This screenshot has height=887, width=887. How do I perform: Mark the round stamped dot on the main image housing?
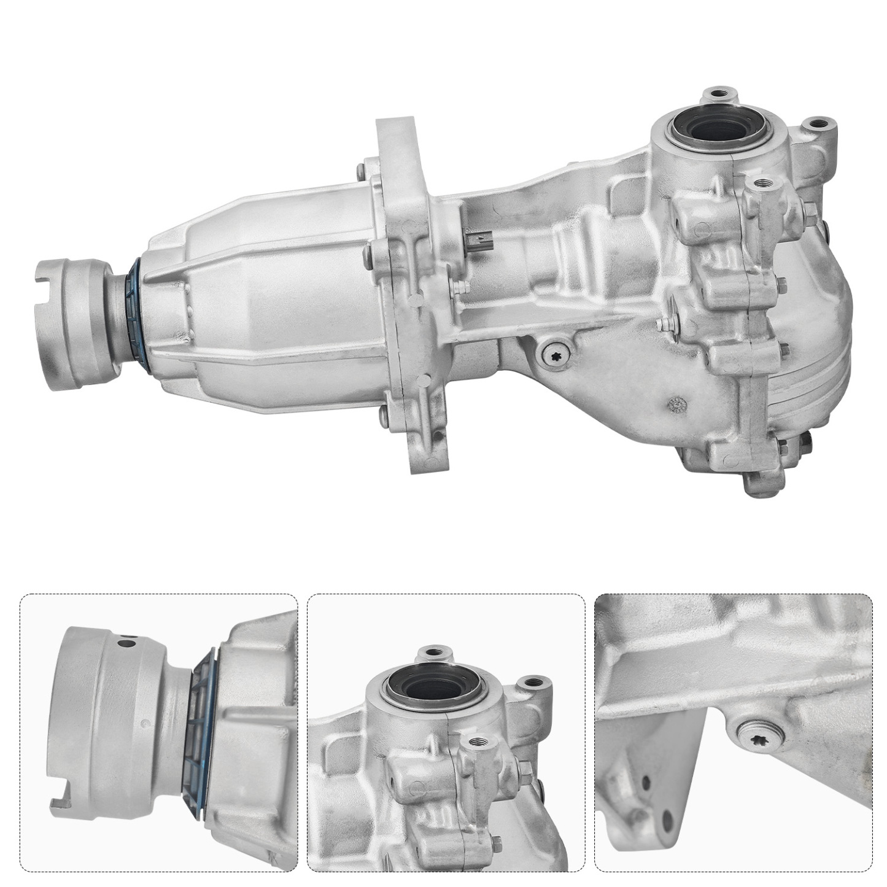[x=677, y=404]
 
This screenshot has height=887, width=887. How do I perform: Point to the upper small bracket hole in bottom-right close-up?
[x=646, y=783]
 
